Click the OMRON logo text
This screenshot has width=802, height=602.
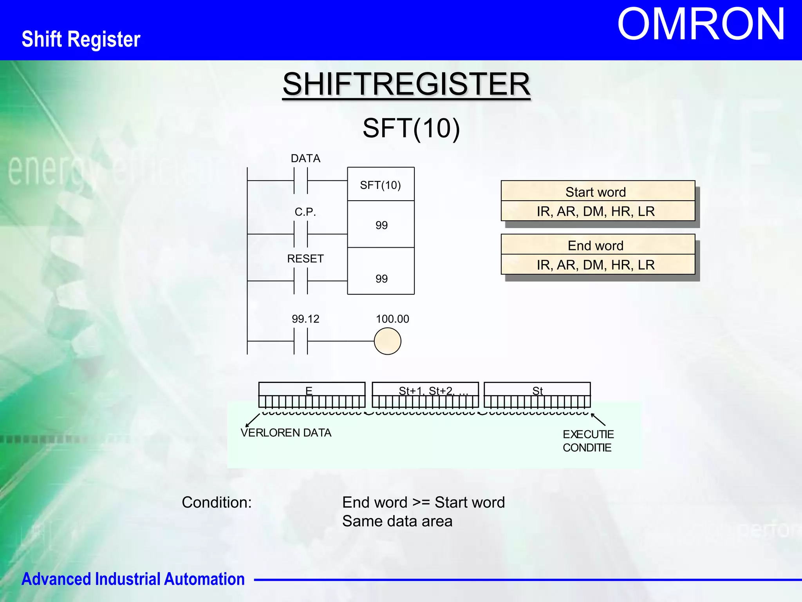coord(701,25)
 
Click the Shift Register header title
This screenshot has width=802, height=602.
coord(81,39)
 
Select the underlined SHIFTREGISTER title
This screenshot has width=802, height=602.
coord(406,84)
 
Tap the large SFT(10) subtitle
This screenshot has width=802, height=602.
coord(411,128)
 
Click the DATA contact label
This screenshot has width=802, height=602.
coord(305,158)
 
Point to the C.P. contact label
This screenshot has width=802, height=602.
coord(305,212)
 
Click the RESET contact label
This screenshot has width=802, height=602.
coord(305,259)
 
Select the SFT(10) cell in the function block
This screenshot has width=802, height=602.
coord(380,185)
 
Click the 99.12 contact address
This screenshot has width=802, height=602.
coord(305,319)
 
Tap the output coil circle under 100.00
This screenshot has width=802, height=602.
coord(387,341)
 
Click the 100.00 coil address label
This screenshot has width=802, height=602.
coord(392,319)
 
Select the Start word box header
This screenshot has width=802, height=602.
coord(596,192)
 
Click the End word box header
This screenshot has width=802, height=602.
coord(596,246)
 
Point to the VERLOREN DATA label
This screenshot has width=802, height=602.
coord(286,433)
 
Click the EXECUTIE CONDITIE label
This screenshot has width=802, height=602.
coord(588,441)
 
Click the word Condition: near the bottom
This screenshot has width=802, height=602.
coord(217,502)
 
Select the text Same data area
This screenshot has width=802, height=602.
coord(397,521)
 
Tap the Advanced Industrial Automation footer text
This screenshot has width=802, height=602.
coord(133,579)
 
